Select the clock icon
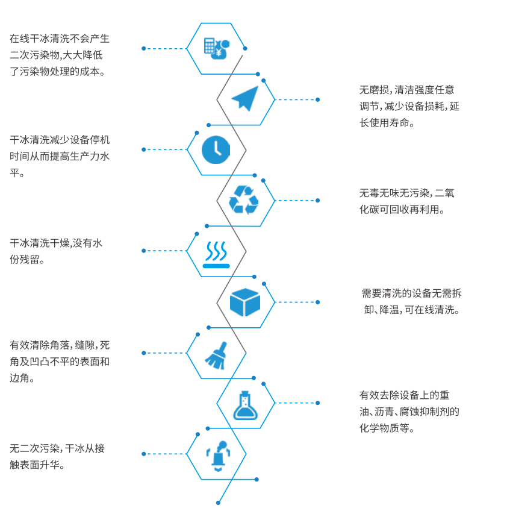(216, 149)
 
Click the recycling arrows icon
(244, 200)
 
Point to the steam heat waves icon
(216, 254)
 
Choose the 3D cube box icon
(245, 302)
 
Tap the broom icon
(216, 354)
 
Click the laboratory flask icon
(244, 404)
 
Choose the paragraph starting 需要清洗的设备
(411, 302)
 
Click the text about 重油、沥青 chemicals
(408, 412)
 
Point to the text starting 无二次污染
(57, 456)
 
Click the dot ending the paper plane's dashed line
(318, 99)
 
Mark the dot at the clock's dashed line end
(143, 149)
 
